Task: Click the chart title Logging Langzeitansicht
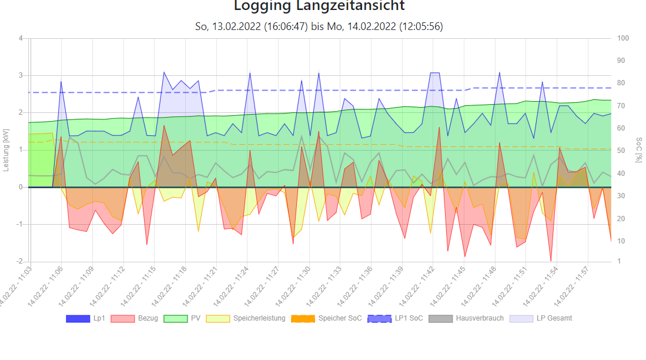tap(319, 6)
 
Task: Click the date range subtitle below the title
tap(319, 26)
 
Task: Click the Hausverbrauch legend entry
tap(464, 318)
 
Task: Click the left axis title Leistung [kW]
tap(6, 150)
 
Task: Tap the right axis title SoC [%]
tap(639, 150)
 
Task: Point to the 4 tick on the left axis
tap(21, 38)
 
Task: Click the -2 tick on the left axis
tap(19, 261)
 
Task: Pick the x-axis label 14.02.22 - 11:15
tap(139, 288)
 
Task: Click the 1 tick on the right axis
tap(619, 261)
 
